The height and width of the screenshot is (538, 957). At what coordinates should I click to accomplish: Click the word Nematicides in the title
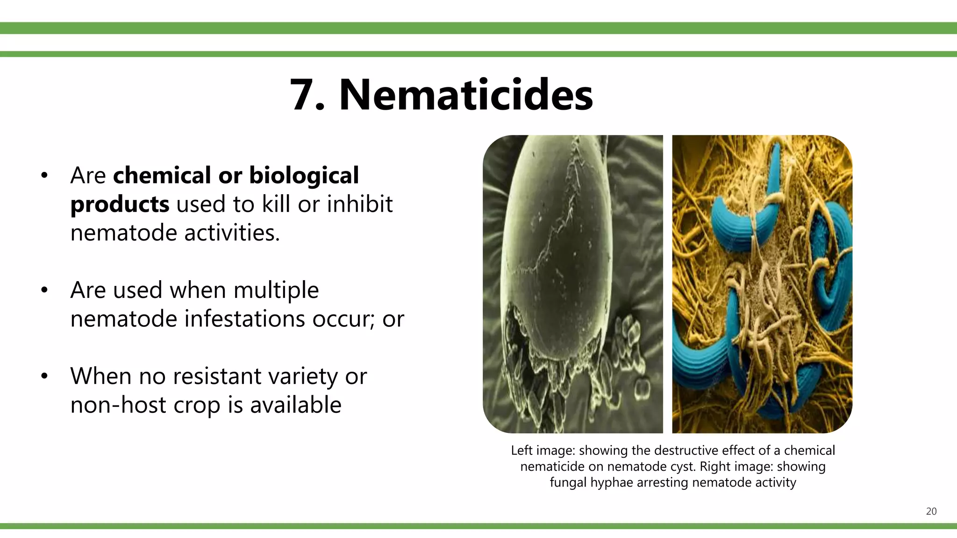[466, 95]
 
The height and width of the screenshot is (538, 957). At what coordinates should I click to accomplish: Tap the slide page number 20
[931, 511]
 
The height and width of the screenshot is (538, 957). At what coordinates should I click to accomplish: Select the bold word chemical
[161, 176]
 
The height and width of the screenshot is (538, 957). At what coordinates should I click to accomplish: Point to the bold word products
[120, 205]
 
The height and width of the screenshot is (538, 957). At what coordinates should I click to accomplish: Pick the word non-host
[118, 405]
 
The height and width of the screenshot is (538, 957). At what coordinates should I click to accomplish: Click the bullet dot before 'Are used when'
[44, 290]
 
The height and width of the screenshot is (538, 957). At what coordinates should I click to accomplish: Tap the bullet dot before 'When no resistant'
[44, 376]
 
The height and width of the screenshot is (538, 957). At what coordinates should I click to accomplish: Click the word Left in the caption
[521, 451]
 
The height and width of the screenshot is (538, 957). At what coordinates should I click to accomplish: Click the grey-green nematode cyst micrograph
[573, 284]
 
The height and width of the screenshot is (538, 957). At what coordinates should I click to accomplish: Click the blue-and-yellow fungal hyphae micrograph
[762, 284]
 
